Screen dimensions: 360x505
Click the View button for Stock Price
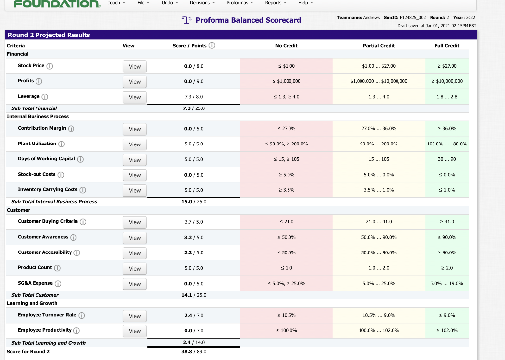click(x=135, y=67)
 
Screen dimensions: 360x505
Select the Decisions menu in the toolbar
click(x=202, y=3)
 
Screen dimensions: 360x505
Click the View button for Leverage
click(x=135, y=97)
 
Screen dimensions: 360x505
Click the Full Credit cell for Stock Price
click(x=447, y=66)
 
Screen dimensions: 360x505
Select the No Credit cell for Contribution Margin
click(x=286, y=129)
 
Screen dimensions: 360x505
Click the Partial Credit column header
click(x=378, y=46)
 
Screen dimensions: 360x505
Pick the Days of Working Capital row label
click(x=46, y=159)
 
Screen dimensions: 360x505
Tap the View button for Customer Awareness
click(x=135, y=238)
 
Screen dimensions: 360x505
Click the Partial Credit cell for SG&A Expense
click(x=378, y=284)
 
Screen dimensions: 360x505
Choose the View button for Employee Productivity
click(x=135, y=331)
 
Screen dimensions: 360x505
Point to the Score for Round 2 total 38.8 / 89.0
click(x=194, y=351)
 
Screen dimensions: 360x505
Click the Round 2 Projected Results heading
click(x=49, y=35)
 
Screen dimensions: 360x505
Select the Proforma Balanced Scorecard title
click(x=248, y=20)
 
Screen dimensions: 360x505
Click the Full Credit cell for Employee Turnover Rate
click(x=447, y=315)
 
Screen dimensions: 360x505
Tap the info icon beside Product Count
click(x=57, y=268)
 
